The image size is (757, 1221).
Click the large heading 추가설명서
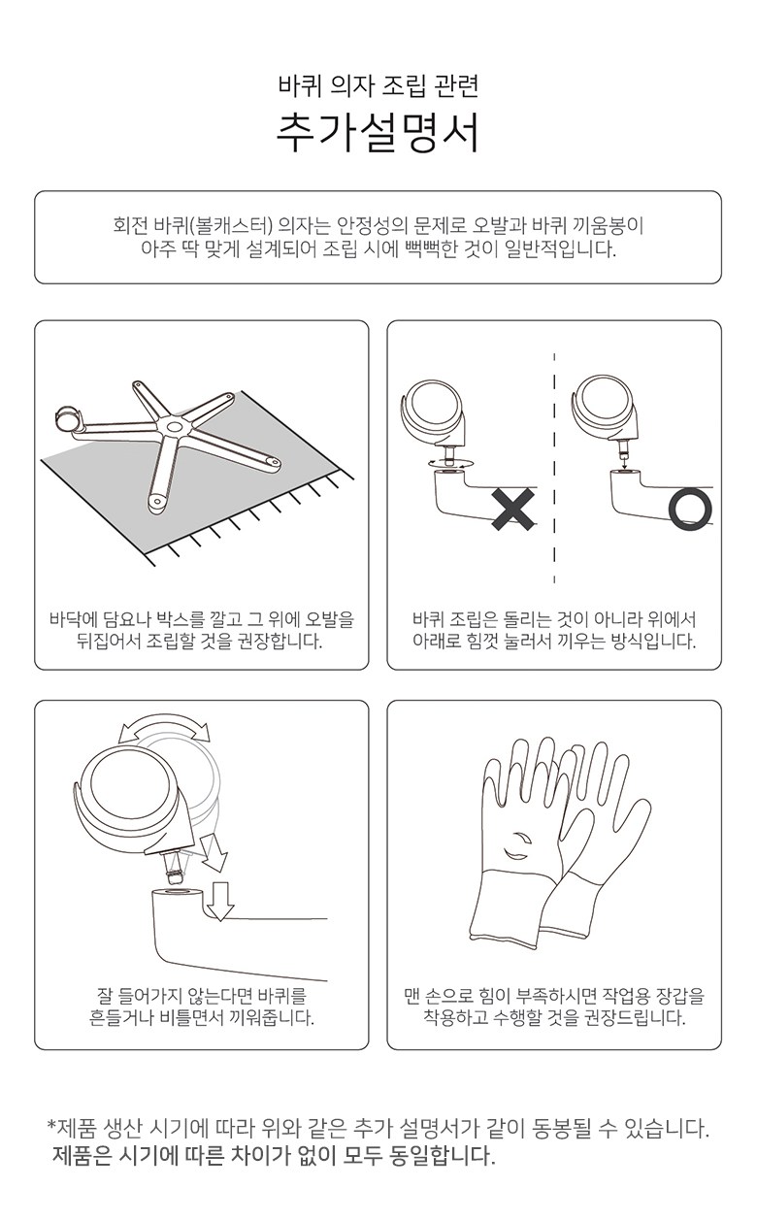[378, 133]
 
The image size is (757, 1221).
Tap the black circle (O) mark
[690, 510]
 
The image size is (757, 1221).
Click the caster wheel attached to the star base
[67, 418]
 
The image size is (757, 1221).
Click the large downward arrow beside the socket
[220, 901]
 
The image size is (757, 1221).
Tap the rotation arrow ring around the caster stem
[449, 463]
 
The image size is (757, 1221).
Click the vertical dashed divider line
[554, 468]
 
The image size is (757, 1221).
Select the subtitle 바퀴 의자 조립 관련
[378, 86]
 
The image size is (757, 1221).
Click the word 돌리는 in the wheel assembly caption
[537, 619]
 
